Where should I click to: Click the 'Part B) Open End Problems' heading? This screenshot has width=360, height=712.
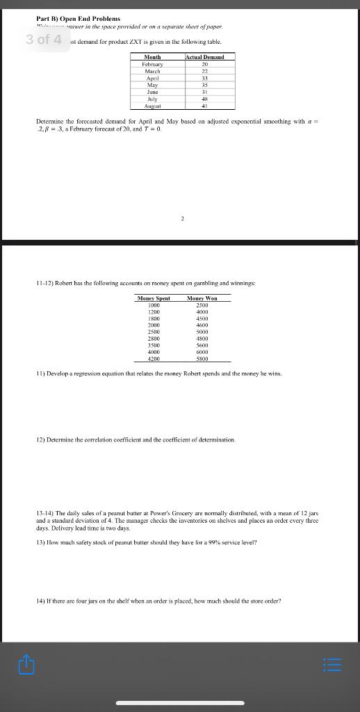pos(79,18)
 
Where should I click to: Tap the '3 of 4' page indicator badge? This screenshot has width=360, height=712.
pos(44,40)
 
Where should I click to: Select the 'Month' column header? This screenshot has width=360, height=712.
pos(152,57)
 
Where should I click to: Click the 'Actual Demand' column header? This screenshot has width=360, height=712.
pos(204,57)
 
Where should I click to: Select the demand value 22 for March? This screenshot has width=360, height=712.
pos(204,71)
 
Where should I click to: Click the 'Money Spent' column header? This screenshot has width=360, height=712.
pos(154,298)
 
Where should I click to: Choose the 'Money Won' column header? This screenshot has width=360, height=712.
pos(202,298)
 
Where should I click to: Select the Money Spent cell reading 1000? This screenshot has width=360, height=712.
pos(154,305)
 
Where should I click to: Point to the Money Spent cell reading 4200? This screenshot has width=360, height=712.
pos(154,359)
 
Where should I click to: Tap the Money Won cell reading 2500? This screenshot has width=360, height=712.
pos(202,305)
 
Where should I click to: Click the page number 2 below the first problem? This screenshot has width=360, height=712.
pos(182,218)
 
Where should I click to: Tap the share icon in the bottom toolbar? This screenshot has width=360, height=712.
pos(26,666)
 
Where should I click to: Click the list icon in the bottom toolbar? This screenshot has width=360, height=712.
pos(334,666)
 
